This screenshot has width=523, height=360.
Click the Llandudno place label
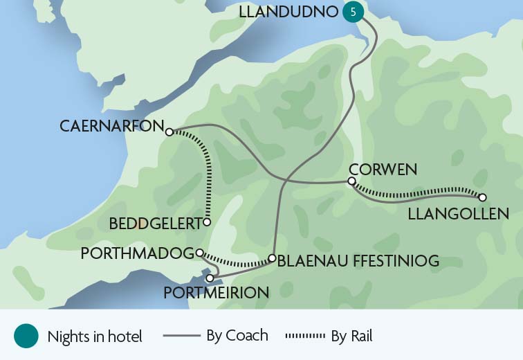pos(288,12)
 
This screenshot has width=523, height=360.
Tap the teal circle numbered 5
pos(354,12)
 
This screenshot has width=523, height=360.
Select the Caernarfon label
pos(111,127)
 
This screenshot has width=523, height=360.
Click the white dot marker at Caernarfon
pos(169,132)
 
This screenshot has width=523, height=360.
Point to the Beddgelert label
pos(154,224)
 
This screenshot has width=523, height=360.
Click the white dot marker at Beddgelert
pos(207,222)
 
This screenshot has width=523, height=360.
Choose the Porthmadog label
pos(136,254)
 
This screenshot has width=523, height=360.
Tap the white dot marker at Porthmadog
pos(199,253)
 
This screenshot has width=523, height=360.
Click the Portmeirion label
pos(216,293)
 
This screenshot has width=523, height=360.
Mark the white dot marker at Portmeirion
pos(210,278)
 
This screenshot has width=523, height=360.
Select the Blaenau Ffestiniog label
pos(358,261)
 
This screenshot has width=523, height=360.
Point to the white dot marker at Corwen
pos(351,181)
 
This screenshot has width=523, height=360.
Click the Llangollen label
pos(458,215)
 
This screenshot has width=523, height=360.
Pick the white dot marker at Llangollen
pos(482,197)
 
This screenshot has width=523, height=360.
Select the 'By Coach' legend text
pos(237,336)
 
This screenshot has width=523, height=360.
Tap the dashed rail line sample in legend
pos(305,336)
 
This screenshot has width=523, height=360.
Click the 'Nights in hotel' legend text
pos(95,337)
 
